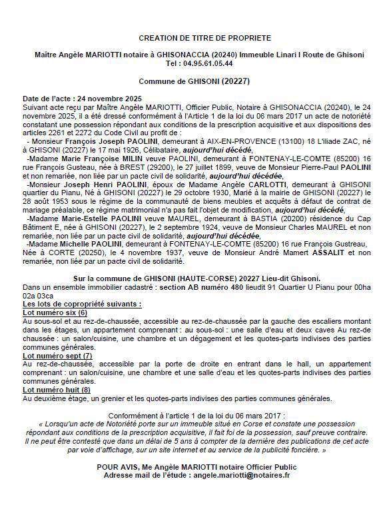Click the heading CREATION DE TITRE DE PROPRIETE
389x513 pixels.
196,38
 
